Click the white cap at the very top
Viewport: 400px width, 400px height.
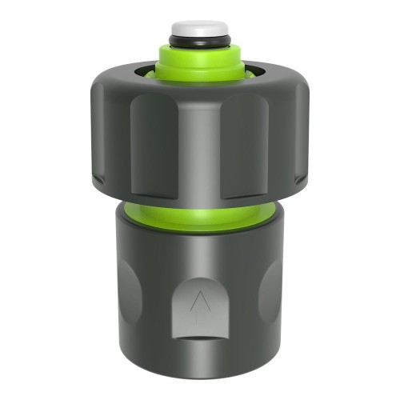[198, 28]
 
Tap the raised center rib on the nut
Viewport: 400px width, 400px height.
[198, 148]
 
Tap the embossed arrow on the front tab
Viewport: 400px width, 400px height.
[198, 302]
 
